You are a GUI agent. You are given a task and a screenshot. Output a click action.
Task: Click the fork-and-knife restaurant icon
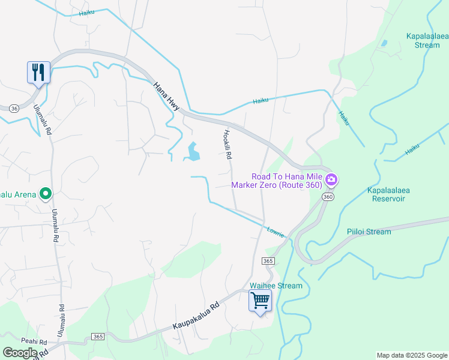[38, 73]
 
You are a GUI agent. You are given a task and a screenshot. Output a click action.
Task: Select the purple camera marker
[331, 179]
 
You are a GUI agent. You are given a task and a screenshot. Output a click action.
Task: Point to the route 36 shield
[14, 108]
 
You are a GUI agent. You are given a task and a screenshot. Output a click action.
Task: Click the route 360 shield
[327, 197]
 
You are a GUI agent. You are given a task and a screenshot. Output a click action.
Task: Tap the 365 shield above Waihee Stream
[268, 261]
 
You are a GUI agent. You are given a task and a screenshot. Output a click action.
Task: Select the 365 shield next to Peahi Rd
[98, 337]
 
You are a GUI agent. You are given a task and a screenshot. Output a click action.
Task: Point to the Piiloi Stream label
[369, 232]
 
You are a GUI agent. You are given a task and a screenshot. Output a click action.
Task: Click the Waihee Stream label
[276, 286]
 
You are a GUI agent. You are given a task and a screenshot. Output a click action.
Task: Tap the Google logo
[20, 352]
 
